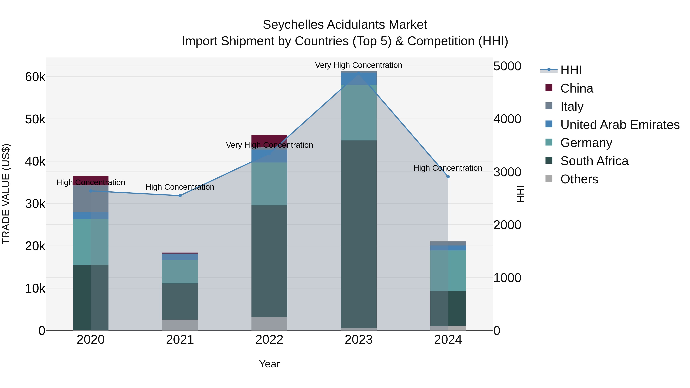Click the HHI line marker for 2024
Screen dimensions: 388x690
pos(448,177)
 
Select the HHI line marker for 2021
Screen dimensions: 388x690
pos(180,196)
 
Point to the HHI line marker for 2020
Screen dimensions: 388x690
pos(90,191)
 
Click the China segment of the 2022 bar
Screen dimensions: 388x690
pos(269,140)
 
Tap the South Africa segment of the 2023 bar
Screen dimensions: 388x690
pos(358,234)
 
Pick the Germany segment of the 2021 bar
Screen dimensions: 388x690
pos(180,272)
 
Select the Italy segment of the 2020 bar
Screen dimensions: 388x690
pos(90,199)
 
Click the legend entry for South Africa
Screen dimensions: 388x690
pos(594,161)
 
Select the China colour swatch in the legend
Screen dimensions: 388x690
pos(549,88)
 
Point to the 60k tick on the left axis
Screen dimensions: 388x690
pos(35,77)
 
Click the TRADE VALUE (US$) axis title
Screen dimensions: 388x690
pos(6,194)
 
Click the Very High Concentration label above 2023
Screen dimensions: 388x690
pos(358,65)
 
